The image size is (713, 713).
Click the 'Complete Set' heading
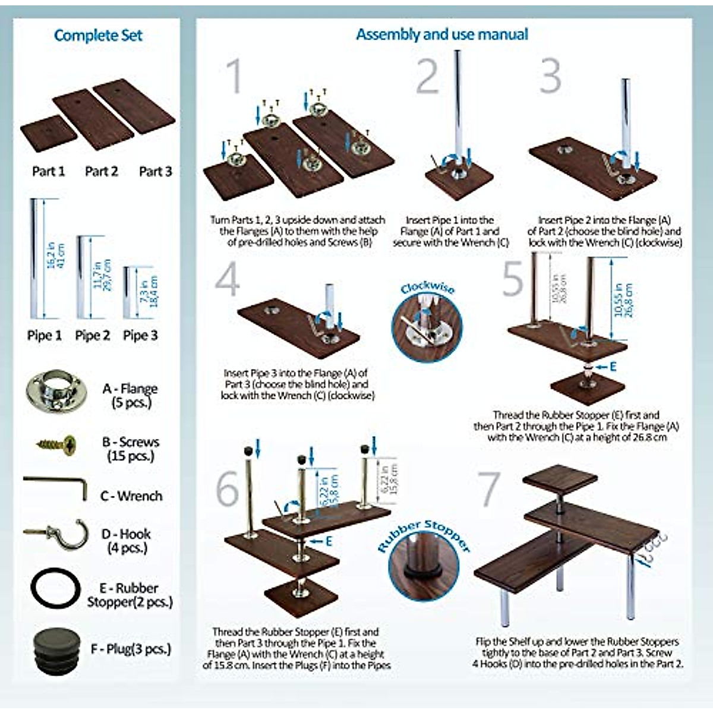point(98,36)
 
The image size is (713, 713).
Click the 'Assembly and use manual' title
point(442,34)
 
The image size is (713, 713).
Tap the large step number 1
point(234,75)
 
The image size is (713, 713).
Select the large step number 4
point(228,279)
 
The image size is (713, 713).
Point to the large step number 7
point(488,488)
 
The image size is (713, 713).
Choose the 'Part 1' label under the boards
point(48,172)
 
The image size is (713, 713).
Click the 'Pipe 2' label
point(93,336)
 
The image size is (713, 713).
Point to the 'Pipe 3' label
point(140,336)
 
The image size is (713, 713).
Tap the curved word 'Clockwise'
point(427,288)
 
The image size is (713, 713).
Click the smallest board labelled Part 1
point(49,134)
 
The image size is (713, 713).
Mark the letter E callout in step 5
point(613,367)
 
